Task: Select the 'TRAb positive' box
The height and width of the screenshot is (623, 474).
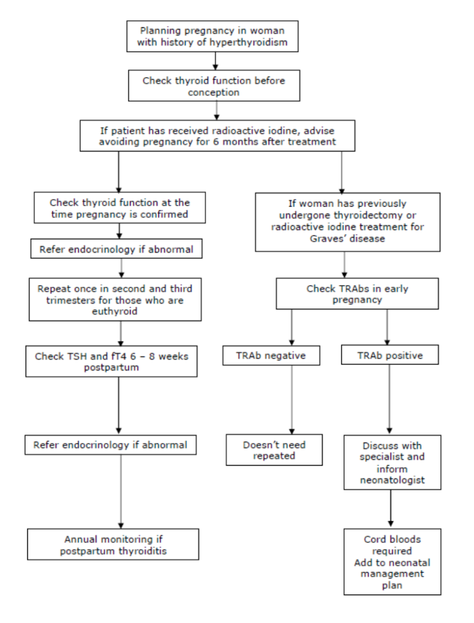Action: coord(389,356)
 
